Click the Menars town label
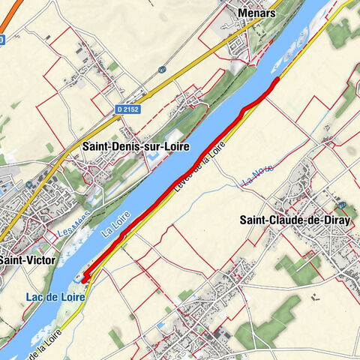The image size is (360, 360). tap(256, 13)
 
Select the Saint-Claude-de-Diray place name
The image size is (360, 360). tap(295, 220)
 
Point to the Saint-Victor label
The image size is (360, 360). tap(19, 259)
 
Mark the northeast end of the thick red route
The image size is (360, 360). tap(278, 78)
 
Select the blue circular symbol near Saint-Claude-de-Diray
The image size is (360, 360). tap(342, 205)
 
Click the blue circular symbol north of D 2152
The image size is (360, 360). tap(161, 70)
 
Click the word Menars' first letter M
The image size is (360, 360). tap(242, 13)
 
